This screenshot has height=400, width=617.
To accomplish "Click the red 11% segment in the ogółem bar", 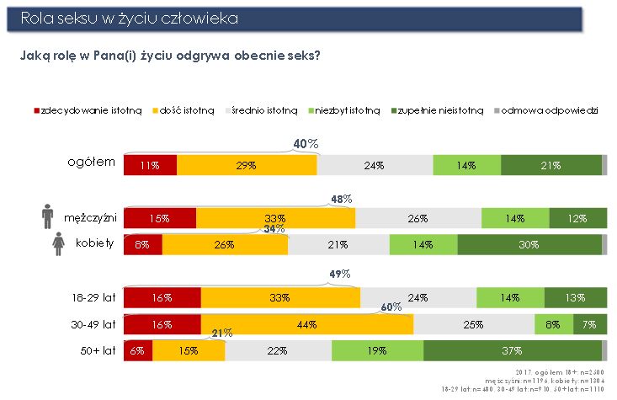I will pos(150,166).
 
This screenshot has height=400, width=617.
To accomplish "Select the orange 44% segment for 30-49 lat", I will pos(307,324).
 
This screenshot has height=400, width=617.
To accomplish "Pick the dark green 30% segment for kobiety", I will pos(529,245).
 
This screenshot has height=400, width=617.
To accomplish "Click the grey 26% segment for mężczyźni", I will pos(418,218).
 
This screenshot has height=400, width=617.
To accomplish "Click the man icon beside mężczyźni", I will pos(47,216).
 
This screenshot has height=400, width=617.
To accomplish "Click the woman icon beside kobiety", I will pos(47,244).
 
